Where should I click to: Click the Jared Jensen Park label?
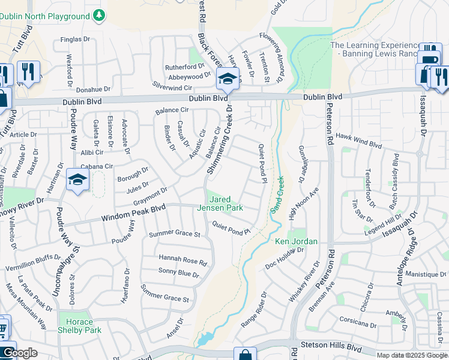click(x=226, y=203)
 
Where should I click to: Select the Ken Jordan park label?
click(x=296, y=242)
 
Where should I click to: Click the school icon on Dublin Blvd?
click(x=228, y=79)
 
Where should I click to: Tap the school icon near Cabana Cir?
click(x=77, y=180)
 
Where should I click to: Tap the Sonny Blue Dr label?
click(x=178, y=274)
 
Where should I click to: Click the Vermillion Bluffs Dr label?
click(x=32, y=262)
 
